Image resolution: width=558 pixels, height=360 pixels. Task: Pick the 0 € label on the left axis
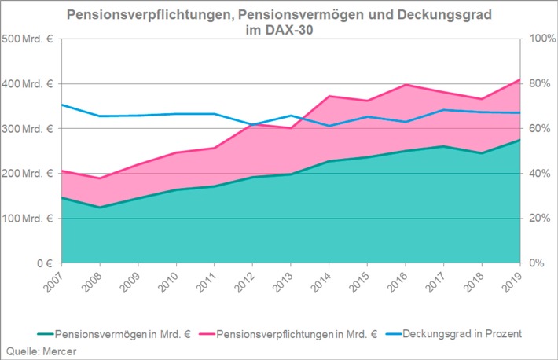click(x=39, y=263)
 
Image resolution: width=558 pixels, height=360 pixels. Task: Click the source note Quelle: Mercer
click(x=39, y=349)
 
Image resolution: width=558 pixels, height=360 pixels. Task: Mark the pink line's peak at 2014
click(x=329, y=96)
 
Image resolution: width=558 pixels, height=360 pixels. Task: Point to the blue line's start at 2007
click(x=62, y=105)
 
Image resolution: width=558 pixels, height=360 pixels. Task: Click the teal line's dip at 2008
click(x=100, y=207)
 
